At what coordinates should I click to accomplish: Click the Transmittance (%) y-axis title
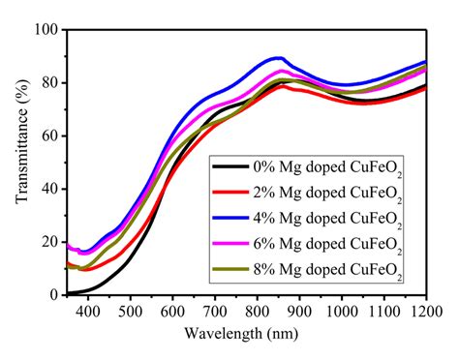(20, 162)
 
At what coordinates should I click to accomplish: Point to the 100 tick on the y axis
(44, 29)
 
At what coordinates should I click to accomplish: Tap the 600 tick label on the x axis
(171, 312)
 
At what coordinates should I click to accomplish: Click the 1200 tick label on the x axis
(424, 312)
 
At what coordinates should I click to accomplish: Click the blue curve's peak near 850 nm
(278, 57)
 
